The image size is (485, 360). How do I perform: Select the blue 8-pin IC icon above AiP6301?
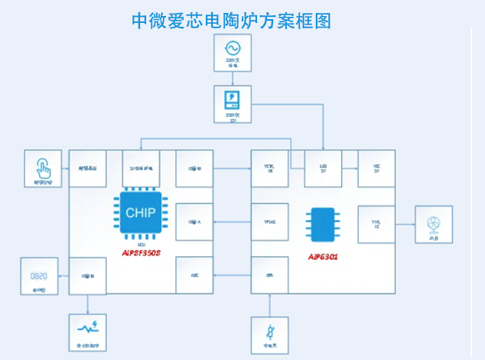click(x=323, y=223)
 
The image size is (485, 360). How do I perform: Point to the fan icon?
click(x=433, y=223)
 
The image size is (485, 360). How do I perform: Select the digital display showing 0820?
click(x=39, y=274)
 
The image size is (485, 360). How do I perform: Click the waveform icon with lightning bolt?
click(x=86, y=329)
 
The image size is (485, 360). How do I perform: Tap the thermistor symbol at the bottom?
click(x=270, y=333)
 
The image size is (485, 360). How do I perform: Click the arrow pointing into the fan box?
click(x=405, y=223)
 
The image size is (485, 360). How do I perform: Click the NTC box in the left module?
click(x=194, y=275)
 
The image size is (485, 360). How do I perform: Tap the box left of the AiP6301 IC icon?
click(x=270, y=222)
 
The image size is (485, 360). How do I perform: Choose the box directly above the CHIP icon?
click(x=141, y=168)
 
